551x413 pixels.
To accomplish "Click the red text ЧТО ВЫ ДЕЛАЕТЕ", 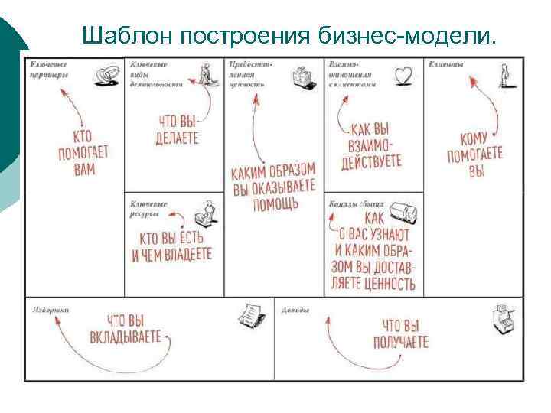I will (x=178, y=130).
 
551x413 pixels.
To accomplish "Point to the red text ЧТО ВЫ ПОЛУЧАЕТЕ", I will (x=400, y=333).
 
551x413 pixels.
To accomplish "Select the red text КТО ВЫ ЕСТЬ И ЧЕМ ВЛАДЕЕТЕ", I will (x=171, y=245).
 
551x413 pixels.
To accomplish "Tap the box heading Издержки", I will (x=51, y=310).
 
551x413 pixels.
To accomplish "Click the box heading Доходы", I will (x=295, y=310).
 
